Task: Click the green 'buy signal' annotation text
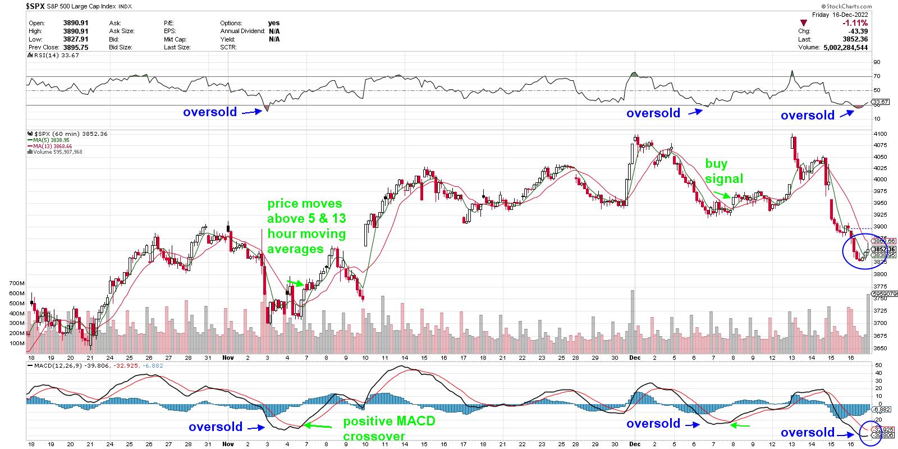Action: tap(723, 171)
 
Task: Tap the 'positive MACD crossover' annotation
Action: tap(389, 428)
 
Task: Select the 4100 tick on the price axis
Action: tap(879, 134)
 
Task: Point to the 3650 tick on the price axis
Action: tap(879, 349)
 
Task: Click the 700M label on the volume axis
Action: tap(18, 283)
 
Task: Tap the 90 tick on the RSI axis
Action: tap(877, 62)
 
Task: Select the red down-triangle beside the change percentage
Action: tap(805, 24)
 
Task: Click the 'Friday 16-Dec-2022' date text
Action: tap(840, 15)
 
